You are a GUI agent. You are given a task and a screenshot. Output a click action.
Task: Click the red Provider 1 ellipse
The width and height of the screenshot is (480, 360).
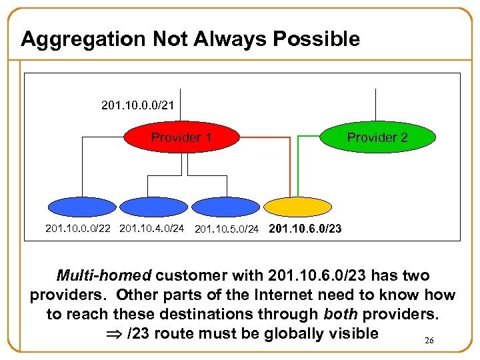(181, 138)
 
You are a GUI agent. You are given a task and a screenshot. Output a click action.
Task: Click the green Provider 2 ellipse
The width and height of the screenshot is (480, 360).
(377, 138)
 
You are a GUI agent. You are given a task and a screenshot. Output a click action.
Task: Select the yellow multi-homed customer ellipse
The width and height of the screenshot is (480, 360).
(297, 208)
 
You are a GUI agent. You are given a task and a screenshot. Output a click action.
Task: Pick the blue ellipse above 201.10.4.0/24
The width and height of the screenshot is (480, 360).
(152, 208)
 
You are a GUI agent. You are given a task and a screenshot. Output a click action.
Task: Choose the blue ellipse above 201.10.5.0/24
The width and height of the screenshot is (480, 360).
(225, 208)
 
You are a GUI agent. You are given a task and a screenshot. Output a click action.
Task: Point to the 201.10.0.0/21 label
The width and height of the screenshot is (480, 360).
(138, 105)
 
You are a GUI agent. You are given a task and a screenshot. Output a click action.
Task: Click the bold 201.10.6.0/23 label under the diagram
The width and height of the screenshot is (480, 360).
(305, 229)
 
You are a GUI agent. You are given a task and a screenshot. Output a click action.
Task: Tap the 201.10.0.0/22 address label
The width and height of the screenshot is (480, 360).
(78, 229)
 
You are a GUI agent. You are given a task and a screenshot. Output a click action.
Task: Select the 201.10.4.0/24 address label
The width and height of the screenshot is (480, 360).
(151, 229)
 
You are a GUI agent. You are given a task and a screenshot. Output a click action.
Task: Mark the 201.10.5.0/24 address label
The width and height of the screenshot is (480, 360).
(227, 230)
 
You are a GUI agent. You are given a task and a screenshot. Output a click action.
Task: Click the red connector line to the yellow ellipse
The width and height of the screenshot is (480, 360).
(289, 167)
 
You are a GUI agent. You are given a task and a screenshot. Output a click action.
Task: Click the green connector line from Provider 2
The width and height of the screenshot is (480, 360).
(297, 167)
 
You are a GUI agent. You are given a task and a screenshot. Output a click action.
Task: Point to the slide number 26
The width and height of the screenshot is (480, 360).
(429, 341)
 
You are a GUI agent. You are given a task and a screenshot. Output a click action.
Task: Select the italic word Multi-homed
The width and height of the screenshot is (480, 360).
(103, 275)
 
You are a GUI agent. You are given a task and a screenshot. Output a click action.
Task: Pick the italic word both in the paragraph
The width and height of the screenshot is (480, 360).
(341, 314)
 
